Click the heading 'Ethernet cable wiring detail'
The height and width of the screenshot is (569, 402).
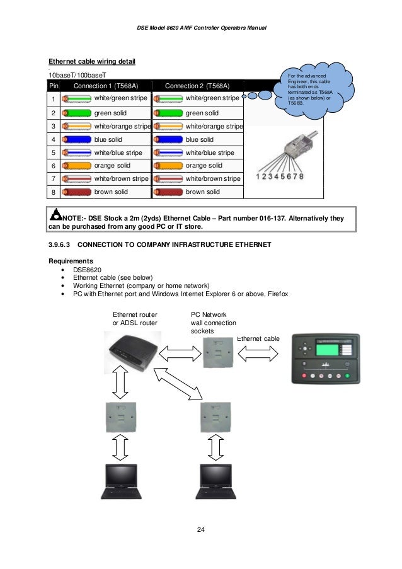tap(93, 61)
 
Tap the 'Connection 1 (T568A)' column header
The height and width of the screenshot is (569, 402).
tap(106, 86)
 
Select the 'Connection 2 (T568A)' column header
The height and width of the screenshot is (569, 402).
tap(197, 86)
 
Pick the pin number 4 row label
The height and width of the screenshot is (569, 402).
tap(54, 140)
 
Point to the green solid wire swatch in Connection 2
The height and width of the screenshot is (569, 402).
tap(167, 113)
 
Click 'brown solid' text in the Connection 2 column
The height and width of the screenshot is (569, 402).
tap(203, 192)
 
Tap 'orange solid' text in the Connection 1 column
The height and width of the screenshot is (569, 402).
tap(112, 166)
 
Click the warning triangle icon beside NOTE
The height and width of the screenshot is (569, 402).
tap(56, 217)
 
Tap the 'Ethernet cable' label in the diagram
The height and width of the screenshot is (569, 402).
tap(258, 339)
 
